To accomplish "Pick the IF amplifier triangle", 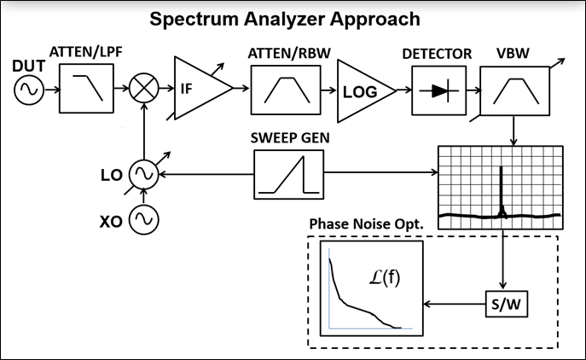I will (x=198, y=87).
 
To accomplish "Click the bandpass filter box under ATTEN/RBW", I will (x=280, y=88).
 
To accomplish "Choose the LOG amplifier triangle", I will (x=362, y=89).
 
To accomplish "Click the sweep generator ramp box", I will (x=289, y=174).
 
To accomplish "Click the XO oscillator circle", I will (x=143, y=221).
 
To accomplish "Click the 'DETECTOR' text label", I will (x=437, y=54).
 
